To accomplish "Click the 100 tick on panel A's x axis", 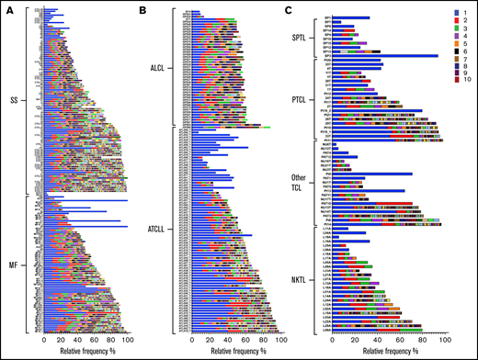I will pyautogui.click(x=127, y=341).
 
